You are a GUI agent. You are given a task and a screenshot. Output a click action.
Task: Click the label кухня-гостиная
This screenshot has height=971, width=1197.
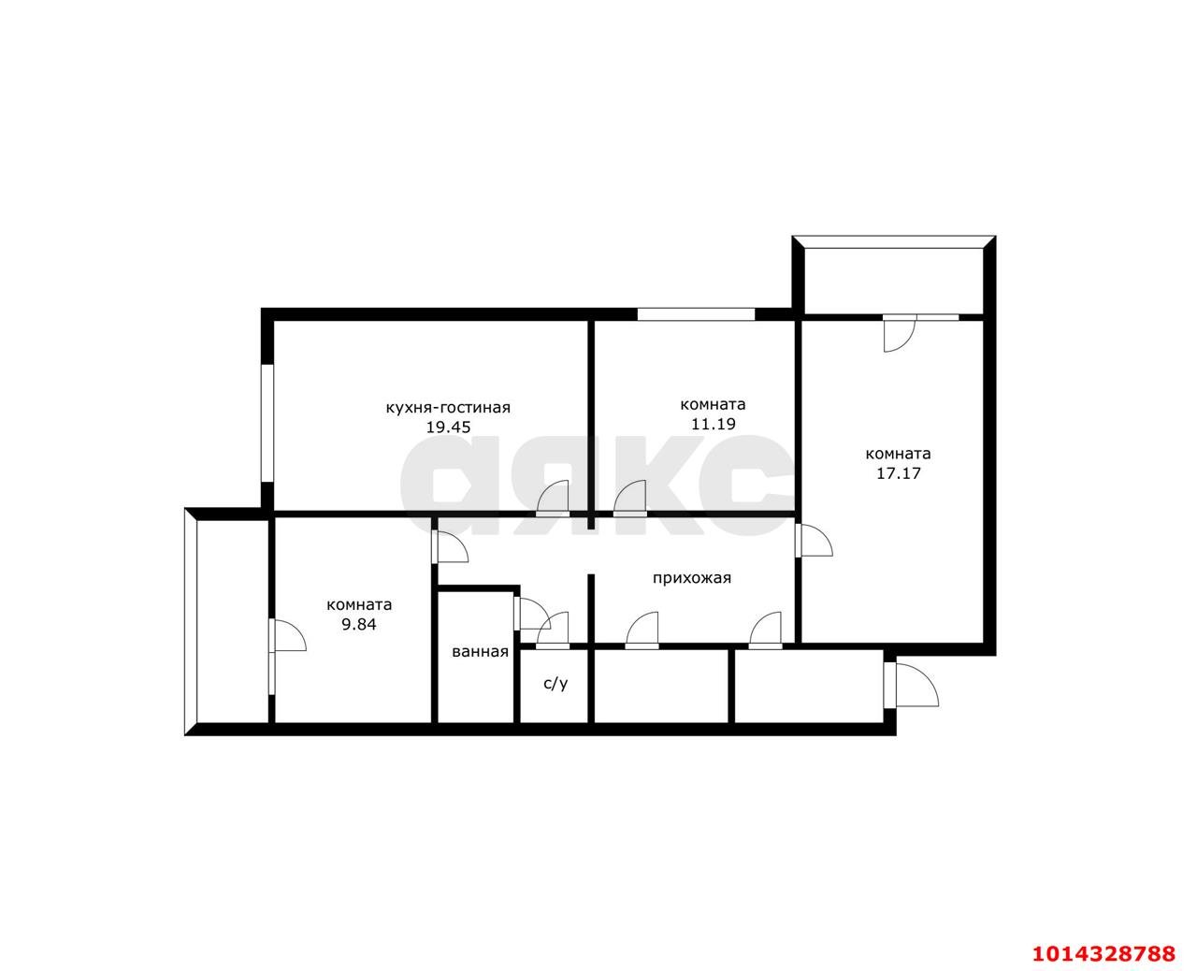[448, 408]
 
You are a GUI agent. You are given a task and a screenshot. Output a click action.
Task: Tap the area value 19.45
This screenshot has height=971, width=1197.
[448, 428]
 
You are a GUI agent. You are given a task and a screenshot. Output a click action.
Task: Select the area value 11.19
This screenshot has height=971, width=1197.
[713, 424]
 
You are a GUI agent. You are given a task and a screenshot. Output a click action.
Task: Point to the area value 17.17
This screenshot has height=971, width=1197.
[899, 473]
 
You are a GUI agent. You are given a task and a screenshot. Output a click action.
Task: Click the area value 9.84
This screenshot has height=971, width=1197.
[359, 624]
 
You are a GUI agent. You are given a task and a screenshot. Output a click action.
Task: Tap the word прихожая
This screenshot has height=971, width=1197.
[692, 578]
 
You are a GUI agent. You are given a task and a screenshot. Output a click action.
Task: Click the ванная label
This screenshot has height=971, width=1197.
[480, 652]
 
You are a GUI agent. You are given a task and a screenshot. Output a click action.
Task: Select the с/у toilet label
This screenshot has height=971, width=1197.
[555, 683]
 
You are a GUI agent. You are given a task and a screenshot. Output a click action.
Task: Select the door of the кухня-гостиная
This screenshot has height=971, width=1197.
[553, 499]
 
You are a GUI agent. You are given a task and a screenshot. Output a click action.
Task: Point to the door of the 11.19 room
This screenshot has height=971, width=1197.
[630, 499]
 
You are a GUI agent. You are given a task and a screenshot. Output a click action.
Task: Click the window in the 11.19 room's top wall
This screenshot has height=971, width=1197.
[696, 313]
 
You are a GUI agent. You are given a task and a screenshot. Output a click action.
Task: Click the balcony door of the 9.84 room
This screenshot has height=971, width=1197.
[287, 635]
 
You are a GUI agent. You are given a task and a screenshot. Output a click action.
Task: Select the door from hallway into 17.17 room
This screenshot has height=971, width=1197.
[814, 540]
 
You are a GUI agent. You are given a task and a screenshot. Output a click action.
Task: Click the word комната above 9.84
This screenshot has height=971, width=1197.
[359, 605]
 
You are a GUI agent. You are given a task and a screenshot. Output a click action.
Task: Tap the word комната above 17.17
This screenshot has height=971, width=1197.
[899, 454]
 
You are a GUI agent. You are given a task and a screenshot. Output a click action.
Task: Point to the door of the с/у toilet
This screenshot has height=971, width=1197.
[553, 630]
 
